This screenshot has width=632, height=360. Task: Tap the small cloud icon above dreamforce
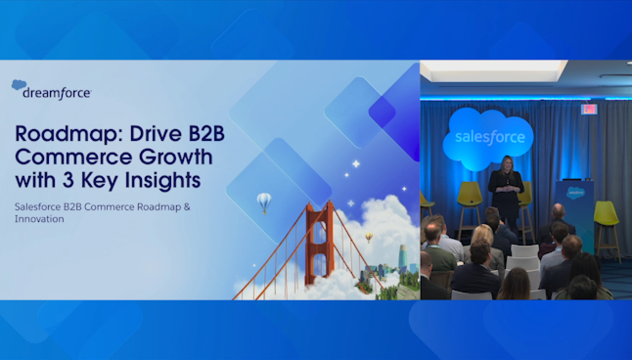point(19,84)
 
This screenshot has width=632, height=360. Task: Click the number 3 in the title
point(68,180)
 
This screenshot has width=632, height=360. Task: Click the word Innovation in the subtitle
point(39,219)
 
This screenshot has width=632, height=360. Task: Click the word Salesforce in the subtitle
point(38,207)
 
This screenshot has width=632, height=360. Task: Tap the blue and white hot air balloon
point(264,202)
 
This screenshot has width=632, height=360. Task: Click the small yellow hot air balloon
point(369,237)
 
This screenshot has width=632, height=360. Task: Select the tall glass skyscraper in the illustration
point(403,257)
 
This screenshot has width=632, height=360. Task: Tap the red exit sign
point(589,109)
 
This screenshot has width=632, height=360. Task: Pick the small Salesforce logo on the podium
point(576,192)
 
